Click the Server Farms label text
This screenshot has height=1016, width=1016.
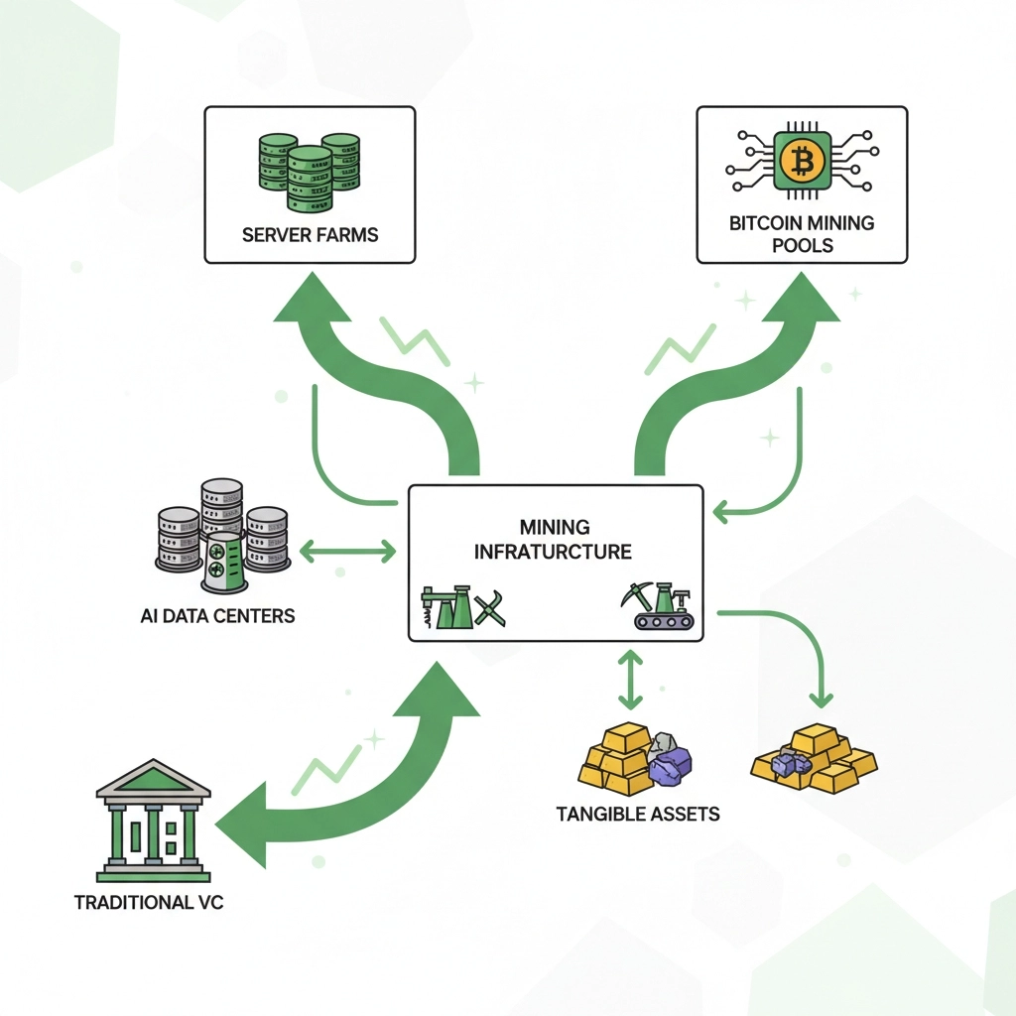(x=310, y=236)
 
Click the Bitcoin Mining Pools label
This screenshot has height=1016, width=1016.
(x=802, y=233)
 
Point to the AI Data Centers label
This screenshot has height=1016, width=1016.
(x=218, y=615)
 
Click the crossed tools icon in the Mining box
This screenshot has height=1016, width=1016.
(x=491, y=609)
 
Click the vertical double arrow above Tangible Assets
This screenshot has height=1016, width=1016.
(x=626, y=680)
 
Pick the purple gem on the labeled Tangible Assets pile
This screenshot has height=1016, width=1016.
(x=671, y=761)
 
